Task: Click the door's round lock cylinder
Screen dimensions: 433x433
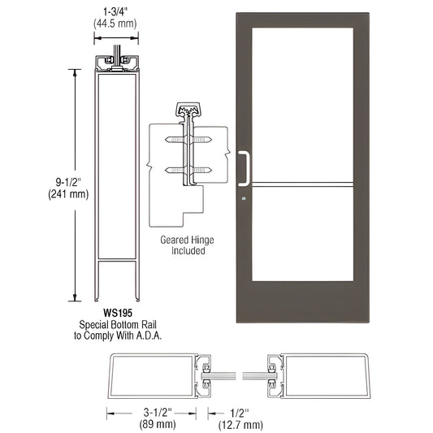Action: (242, 198)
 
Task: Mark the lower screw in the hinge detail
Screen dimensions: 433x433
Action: (188, 171)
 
